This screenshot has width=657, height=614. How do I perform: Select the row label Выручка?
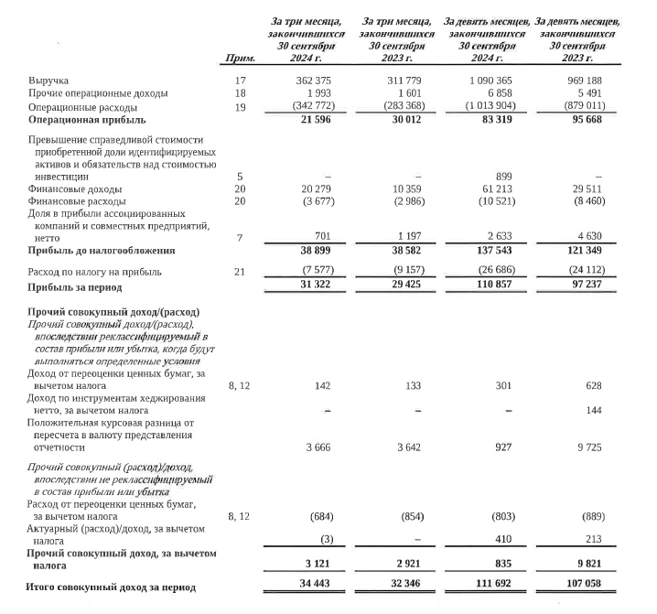point(48,82)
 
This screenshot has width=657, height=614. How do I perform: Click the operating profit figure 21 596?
point(311,119)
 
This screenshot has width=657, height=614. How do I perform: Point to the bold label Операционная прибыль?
point(87,119)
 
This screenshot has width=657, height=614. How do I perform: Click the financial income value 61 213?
point(494,189)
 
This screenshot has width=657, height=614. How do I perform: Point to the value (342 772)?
point(306,106)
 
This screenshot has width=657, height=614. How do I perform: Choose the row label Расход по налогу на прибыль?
point(96,272)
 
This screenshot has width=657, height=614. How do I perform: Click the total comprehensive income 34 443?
point(311,586)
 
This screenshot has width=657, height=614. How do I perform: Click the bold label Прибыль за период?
point(75,285)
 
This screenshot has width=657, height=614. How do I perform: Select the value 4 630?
point(588,235)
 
